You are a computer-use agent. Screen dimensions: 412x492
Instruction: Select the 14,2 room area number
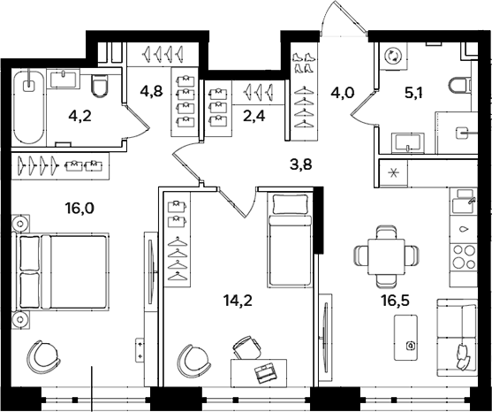coord(239,300)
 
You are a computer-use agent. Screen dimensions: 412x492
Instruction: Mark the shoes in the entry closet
coord(303,61)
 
